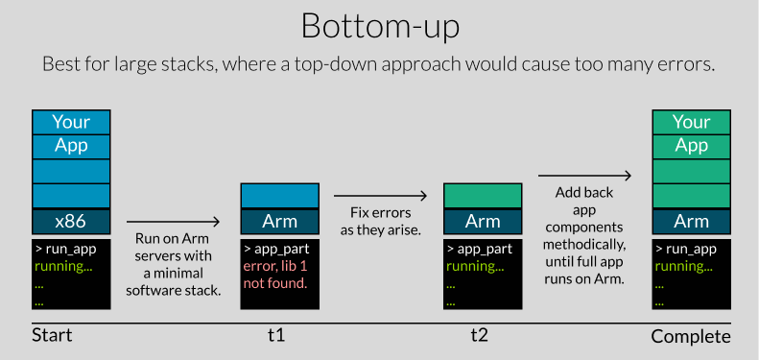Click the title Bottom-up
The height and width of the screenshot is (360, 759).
(379, 26)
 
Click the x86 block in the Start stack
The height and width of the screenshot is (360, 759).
(71, 221)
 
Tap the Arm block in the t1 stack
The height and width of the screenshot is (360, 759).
(279, 221)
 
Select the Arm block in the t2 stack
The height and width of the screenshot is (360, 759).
(483, 221)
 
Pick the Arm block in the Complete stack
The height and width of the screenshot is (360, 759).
(691, 221)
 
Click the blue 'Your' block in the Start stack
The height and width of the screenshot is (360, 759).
(71, 122)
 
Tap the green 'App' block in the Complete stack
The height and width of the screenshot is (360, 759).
(691, 146)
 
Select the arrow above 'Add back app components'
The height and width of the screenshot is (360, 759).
(584, 176)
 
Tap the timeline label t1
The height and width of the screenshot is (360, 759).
(276, 336)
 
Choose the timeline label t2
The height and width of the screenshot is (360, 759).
(480, 336)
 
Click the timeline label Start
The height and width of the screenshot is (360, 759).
(52, 336)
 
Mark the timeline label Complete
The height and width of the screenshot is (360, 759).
(691, 337)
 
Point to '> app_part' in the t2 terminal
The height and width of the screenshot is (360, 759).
(480, 249)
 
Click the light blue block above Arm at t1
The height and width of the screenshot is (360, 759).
(279, 195)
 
